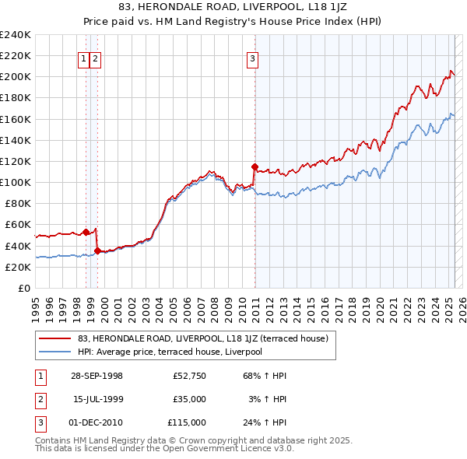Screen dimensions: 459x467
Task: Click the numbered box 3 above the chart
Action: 253,57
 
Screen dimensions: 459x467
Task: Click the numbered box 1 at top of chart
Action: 83,57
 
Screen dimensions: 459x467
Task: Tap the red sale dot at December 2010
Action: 255,166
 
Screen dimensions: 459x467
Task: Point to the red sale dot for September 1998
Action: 86,231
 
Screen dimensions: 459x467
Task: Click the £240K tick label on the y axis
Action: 16,35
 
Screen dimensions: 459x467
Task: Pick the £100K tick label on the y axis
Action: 16,182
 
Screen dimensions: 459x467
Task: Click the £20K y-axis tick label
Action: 18,267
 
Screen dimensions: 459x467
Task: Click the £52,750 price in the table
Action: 189,376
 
